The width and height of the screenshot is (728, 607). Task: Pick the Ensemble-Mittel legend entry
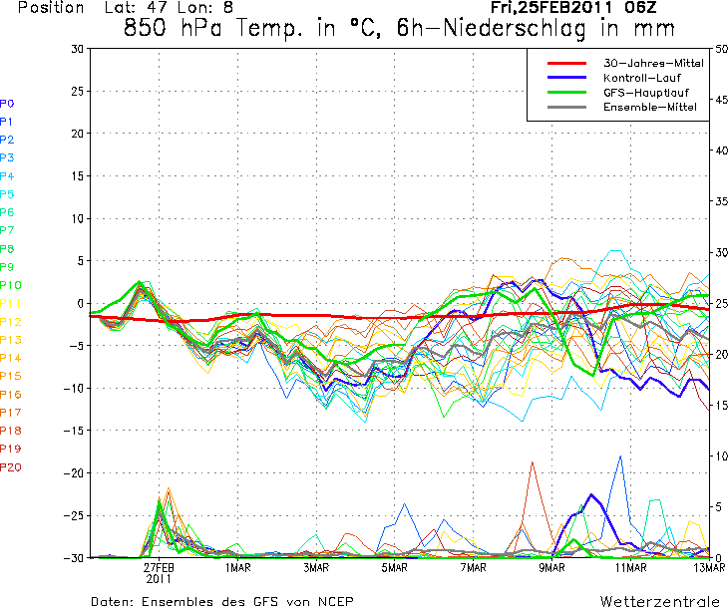coord(645,107)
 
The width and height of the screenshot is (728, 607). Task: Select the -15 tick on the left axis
coord(72,430)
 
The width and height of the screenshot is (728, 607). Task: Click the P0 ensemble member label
coord(7,103)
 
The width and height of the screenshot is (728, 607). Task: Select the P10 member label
coord(10,285)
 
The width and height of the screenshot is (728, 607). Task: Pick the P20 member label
coord(10,466)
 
